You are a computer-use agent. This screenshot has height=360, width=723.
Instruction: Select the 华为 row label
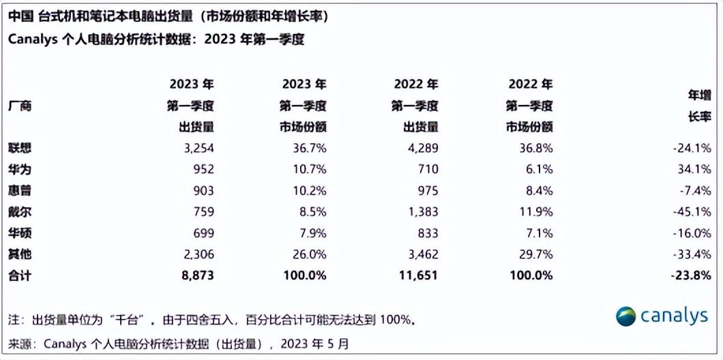click(20, 169)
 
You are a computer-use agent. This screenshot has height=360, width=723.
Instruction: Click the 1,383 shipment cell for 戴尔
click(419, 212)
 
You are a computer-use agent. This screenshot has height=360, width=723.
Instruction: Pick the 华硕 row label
click(20, 234)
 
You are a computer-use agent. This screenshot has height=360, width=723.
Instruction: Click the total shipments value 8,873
click(197, 276)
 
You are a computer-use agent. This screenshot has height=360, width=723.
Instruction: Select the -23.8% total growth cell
click(693, 276)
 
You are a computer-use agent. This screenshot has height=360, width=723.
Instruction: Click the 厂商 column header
click(20, 106)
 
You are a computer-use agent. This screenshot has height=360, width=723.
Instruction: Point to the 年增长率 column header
click(700, 106)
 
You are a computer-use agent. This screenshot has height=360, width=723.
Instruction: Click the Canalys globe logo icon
click(626, 316)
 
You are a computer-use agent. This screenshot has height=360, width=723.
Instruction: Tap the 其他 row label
click(20, 255)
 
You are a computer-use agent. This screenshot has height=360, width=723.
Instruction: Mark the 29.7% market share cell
click(535, 255)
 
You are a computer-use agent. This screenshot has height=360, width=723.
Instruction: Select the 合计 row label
click(20, 276)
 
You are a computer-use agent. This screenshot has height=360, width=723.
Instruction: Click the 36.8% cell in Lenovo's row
click(535, 148)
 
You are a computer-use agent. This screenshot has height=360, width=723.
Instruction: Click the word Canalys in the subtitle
click(33, 40)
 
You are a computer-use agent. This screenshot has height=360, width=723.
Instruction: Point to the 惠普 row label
click(20, 191)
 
